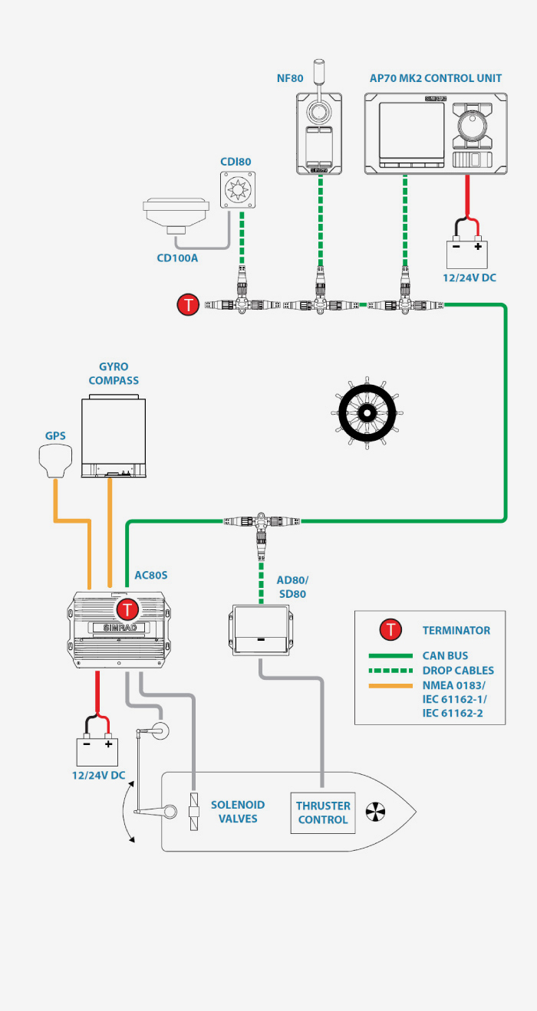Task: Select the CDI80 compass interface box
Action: (x=237, y=189)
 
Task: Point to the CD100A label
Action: (x=177, y=258)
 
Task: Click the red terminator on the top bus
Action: (x=188, y=305)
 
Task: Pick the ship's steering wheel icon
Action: (x=365, y=412)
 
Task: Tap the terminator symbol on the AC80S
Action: (x=127, y=610)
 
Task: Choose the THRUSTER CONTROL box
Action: (x=323, y=812)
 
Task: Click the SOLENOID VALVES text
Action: (x=238, y=812)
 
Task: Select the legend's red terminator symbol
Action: (x=391, y=630)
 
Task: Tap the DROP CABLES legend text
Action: (x=458, y=671)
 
